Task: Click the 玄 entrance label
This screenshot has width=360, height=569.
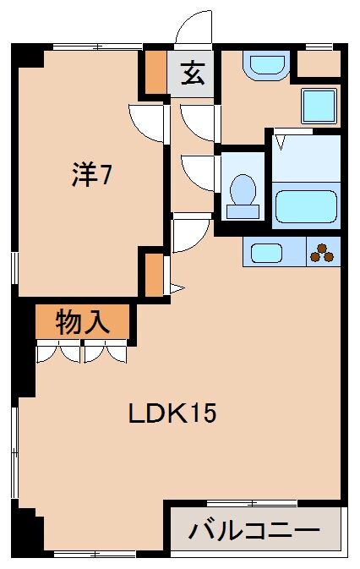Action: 193,74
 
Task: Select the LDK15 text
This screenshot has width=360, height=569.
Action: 172,413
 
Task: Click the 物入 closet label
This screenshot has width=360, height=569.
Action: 82,321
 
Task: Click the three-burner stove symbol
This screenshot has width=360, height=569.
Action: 321,251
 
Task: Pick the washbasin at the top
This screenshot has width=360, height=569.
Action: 266,64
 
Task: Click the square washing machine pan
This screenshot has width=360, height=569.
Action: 320,105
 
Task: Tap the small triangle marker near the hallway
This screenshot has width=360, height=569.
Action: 176,288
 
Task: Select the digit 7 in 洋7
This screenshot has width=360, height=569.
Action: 107,176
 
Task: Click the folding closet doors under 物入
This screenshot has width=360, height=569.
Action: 82,350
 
